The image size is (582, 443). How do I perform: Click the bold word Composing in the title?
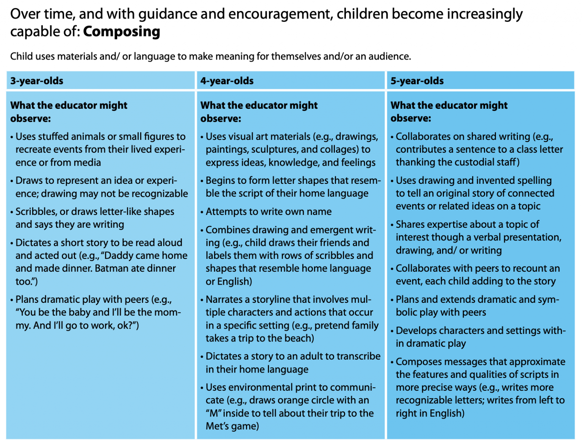point(122,32)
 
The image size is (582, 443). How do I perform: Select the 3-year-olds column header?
point(37,81)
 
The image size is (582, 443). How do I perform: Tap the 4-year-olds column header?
point(227,81)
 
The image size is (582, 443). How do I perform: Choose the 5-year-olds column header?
point(417,81)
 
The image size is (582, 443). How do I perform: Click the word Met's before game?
point(219,426)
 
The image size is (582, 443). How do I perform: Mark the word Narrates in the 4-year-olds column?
point(225,299)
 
